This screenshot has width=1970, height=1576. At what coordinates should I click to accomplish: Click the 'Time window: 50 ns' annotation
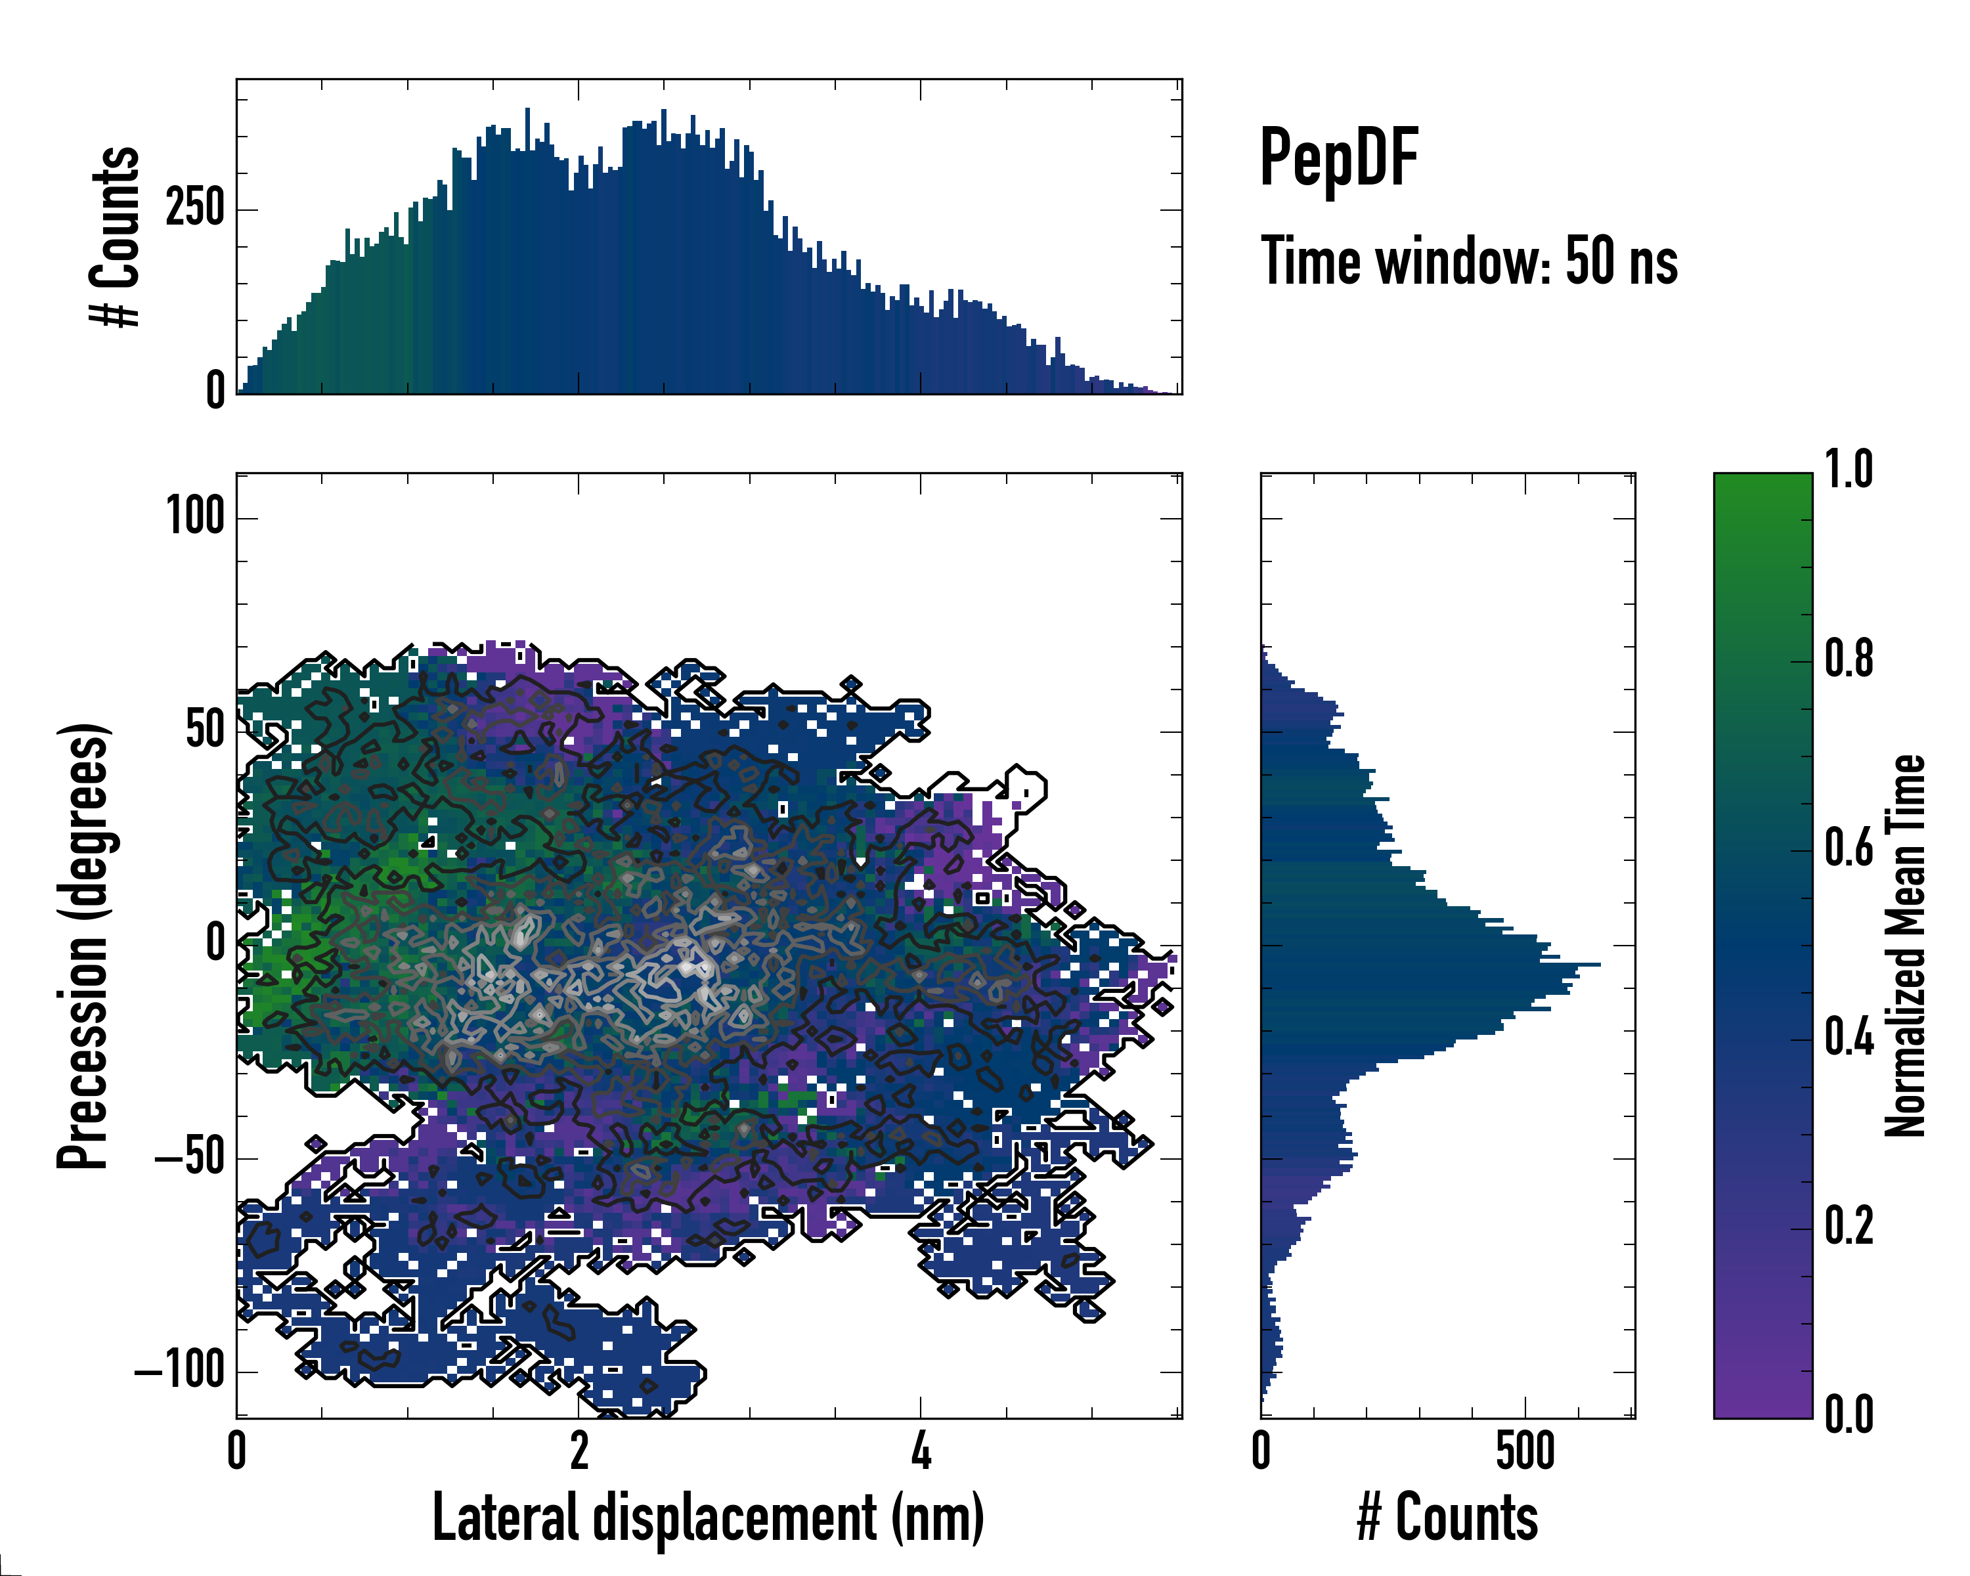(x=1468, y=261)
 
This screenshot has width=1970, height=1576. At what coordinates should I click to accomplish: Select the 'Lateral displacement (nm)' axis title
(x=708, y=1518)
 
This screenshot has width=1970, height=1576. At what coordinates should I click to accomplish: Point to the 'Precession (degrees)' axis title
(x=84, y=946)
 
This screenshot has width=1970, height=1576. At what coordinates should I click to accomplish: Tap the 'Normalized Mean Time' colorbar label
(x=1905, y=946)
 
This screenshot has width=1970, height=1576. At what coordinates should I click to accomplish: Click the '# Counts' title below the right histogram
(x=1447, y=1518)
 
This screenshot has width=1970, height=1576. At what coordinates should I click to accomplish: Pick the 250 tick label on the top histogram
(x=194, y=209)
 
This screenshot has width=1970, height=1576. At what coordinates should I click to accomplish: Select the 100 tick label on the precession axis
(x=194, y=517)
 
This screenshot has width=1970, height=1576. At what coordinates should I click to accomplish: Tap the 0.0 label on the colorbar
(x=1849, y=1414)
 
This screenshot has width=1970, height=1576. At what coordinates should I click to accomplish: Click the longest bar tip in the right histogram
(x=1598, y=964)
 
